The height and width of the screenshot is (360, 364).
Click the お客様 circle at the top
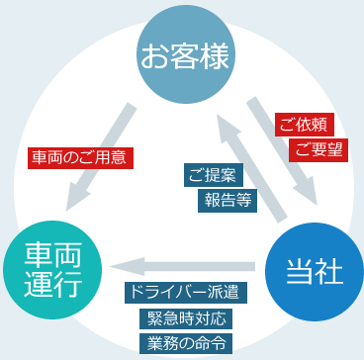click(185, 55)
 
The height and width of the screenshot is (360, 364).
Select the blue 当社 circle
click(310, 273)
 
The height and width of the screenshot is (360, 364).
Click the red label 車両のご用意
click(81, 157)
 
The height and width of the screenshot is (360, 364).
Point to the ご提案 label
click(211, 175)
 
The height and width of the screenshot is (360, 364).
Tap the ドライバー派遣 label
click(185, 294)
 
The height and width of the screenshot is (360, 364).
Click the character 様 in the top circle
click(215, 56)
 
